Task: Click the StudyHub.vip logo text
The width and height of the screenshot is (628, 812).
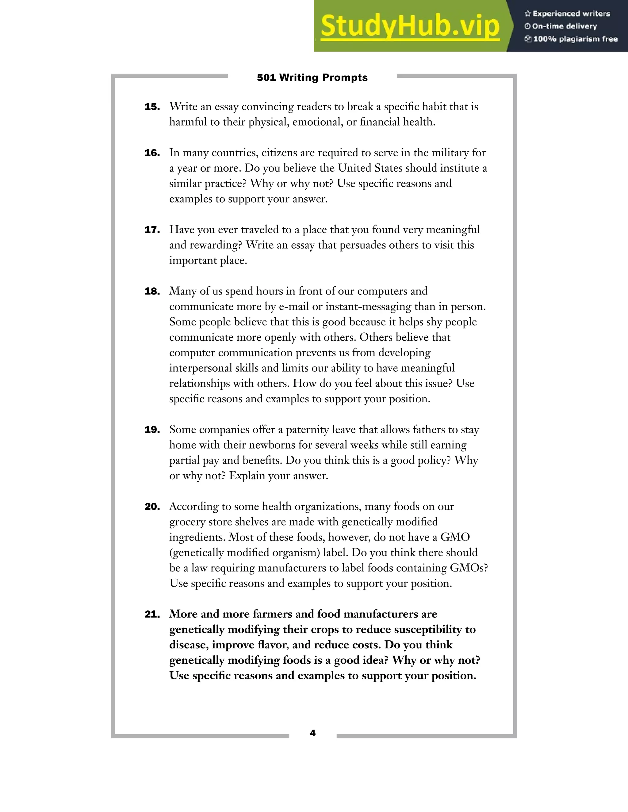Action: coord(410,26)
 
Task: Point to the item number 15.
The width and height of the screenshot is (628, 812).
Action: coord(152,107)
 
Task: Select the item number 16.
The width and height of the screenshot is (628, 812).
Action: coord(152,153)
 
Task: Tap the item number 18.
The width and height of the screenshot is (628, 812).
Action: coord(152,291)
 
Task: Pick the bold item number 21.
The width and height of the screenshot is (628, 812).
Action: coord(152,614)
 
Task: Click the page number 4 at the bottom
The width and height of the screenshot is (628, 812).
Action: coord(312,733)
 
